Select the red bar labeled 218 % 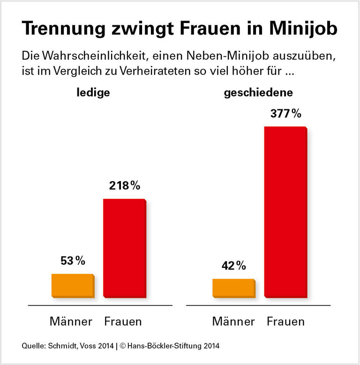pyautogui.click(x=124, y=248)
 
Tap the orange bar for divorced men pyautogui.click(x=233, y=288)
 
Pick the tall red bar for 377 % pyautogui.click(x=285, y=212)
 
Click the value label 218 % pyautogui.click(x=124, y=185)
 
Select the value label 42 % pyautogui.click(x=233, y=266)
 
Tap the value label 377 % pyautogui.click(x=285, y=114)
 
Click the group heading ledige pyautogui.click(x=93, y=92)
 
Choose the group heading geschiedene pyautogui.click(x=258, y=92)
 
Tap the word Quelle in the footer pyautogui.click(x=32, y=346)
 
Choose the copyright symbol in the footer pyautogui.click(x=124, y=346)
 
